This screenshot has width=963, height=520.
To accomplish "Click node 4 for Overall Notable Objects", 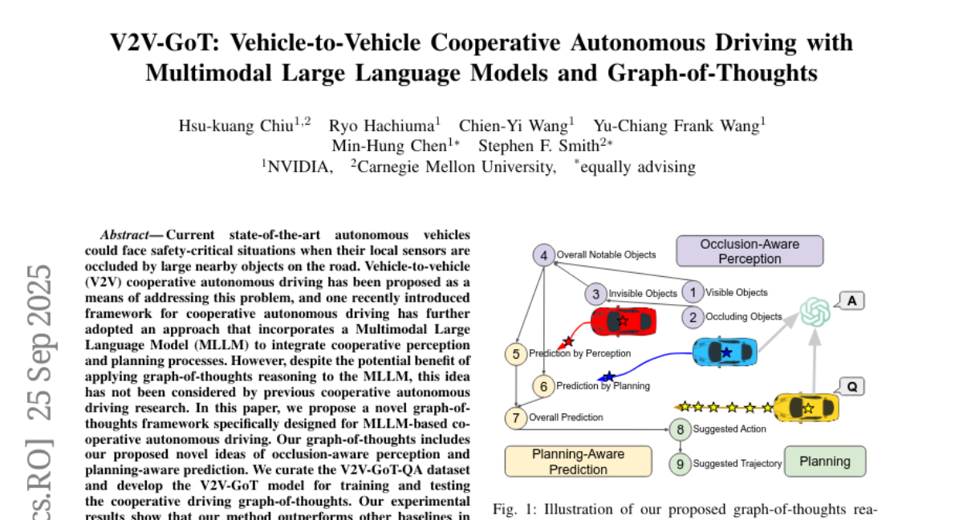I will (544, 256).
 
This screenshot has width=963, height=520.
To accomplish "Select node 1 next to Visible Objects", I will (693, 292).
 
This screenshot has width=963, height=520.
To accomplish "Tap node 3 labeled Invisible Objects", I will (595, 294).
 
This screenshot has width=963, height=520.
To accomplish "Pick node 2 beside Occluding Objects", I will (693, 317).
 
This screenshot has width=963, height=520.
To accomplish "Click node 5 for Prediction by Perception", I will (516, 353).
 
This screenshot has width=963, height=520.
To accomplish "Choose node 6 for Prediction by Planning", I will (543, 386).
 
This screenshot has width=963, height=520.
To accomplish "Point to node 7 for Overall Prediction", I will (516, 417).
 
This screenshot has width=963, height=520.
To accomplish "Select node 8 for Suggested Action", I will (681, 429).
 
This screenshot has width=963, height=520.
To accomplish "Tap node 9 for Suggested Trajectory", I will (681, 463).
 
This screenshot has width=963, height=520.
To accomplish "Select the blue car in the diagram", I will (725, 351).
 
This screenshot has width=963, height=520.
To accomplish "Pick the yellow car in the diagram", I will (806, 408).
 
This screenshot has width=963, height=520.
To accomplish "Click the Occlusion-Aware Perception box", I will (750, 251).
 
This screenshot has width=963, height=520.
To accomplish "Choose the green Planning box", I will (825, 461).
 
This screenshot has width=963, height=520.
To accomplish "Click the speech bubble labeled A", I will (850, 301).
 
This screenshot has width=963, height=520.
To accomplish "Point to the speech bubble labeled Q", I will (851, 386).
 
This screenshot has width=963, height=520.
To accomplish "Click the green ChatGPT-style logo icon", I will (815, 311).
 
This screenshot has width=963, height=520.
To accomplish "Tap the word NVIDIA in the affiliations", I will (300, 166).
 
